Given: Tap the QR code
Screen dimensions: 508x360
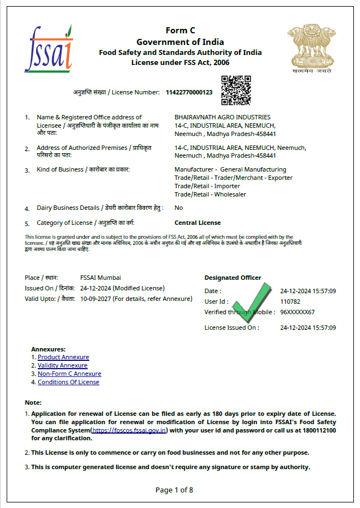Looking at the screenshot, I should coord(236,90).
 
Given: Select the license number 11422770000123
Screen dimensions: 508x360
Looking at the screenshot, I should coord(189,92).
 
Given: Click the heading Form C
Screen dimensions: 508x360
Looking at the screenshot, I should coord(180,31).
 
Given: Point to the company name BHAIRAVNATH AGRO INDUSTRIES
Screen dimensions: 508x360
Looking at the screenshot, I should coord(222,117).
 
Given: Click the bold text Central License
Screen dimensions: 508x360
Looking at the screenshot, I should coord(197,223).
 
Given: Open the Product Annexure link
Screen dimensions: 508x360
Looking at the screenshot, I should coord(63,357).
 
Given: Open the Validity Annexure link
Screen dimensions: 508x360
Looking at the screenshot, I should coord(62,365).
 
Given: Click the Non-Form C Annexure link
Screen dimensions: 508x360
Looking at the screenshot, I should coord(69,374).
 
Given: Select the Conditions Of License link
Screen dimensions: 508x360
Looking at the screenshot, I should coord(68,382).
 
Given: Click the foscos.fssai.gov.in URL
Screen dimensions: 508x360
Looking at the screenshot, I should coord(130,430).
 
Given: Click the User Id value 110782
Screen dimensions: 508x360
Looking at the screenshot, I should coord(290,301).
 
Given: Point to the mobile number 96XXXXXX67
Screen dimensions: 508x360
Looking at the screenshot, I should coord(297,312).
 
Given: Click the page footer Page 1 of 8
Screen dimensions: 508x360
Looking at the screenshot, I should coord(174,490).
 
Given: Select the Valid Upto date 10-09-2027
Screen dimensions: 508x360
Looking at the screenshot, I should coord(95,299).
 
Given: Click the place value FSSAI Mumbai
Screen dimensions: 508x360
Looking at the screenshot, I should coord(100,278).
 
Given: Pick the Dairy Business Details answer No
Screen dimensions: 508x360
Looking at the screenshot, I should coord(179,208).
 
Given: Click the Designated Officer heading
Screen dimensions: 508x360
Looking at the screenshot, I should coord(232,278).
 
